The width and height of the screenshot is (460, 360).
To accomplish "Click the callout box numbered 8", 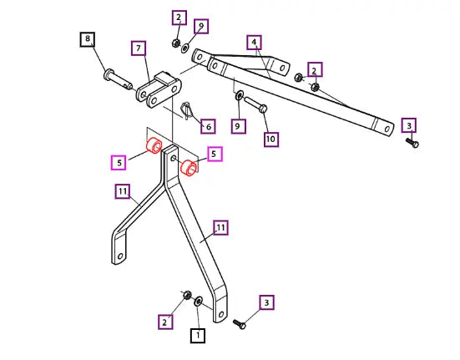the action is click(88, 39).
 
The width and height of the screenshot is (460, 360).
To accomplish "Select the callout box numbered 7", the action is click(139, 48).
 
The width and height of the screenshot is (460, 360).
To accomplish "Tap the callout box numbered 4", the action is click(254, 43).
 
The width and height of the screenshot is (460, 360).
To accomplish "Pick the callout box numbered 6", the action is click(208, 126).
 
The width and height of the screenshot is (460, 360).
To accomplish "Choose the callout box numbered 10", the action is click(271, 139).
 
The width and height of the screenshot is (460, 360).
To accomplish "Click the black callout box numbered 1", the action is click(198, 335).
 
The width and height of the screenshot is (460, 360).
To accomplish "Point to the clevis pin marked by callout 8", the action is click(118, 79).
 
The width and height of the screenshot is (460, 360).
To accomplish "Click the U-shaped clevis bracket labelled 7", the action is click(159, 89).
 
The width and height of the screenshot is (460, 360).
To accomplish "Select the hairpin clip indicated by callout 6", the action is click(187, 110).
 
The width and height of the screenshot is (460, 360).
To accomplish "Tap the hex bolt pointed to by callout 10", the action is click(255, 104).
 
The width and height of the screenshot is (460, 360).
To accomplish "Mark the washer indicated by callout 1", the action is click(199, 302).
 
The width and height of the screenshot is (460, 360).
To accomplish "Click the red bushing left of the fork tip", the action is click(154, 145).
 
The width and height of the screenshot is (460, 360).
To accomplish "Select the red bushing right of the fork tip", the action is click(189, 168).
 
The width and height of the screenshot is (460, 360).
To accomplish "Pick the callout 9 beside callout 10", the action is click(238, 126).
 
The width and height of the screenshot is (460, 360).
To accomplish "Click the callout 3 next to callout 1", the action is click(266, 302).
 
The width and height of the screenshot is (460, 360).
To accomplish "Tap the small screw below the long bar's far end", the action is click(412, 143).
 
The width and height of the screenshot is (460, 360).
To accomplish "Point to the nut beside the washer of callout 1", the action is click(187, 295).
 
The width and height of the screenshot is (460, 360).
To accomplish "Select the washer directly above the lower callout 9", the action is click(240, 95).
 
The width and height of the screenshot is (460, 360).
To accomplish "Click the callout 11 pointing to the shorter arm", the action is click(123, 191).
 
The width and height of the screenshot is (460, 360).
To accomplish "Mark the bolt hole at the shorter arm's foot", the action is click(120, 256).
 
